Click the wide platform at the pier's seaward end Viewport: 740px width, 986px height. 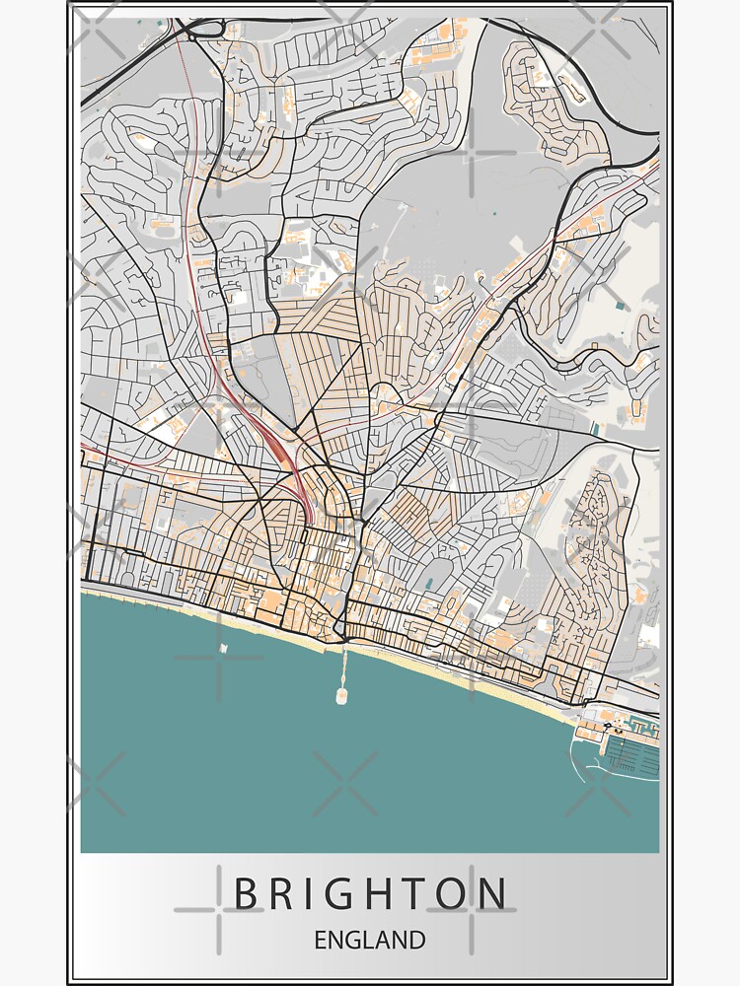(x=340, y=695)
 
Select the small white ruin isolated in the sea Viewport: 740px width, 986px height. (x=225, y=648)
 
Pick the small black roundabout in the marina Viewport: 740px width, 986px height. (x=604, y=723)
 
